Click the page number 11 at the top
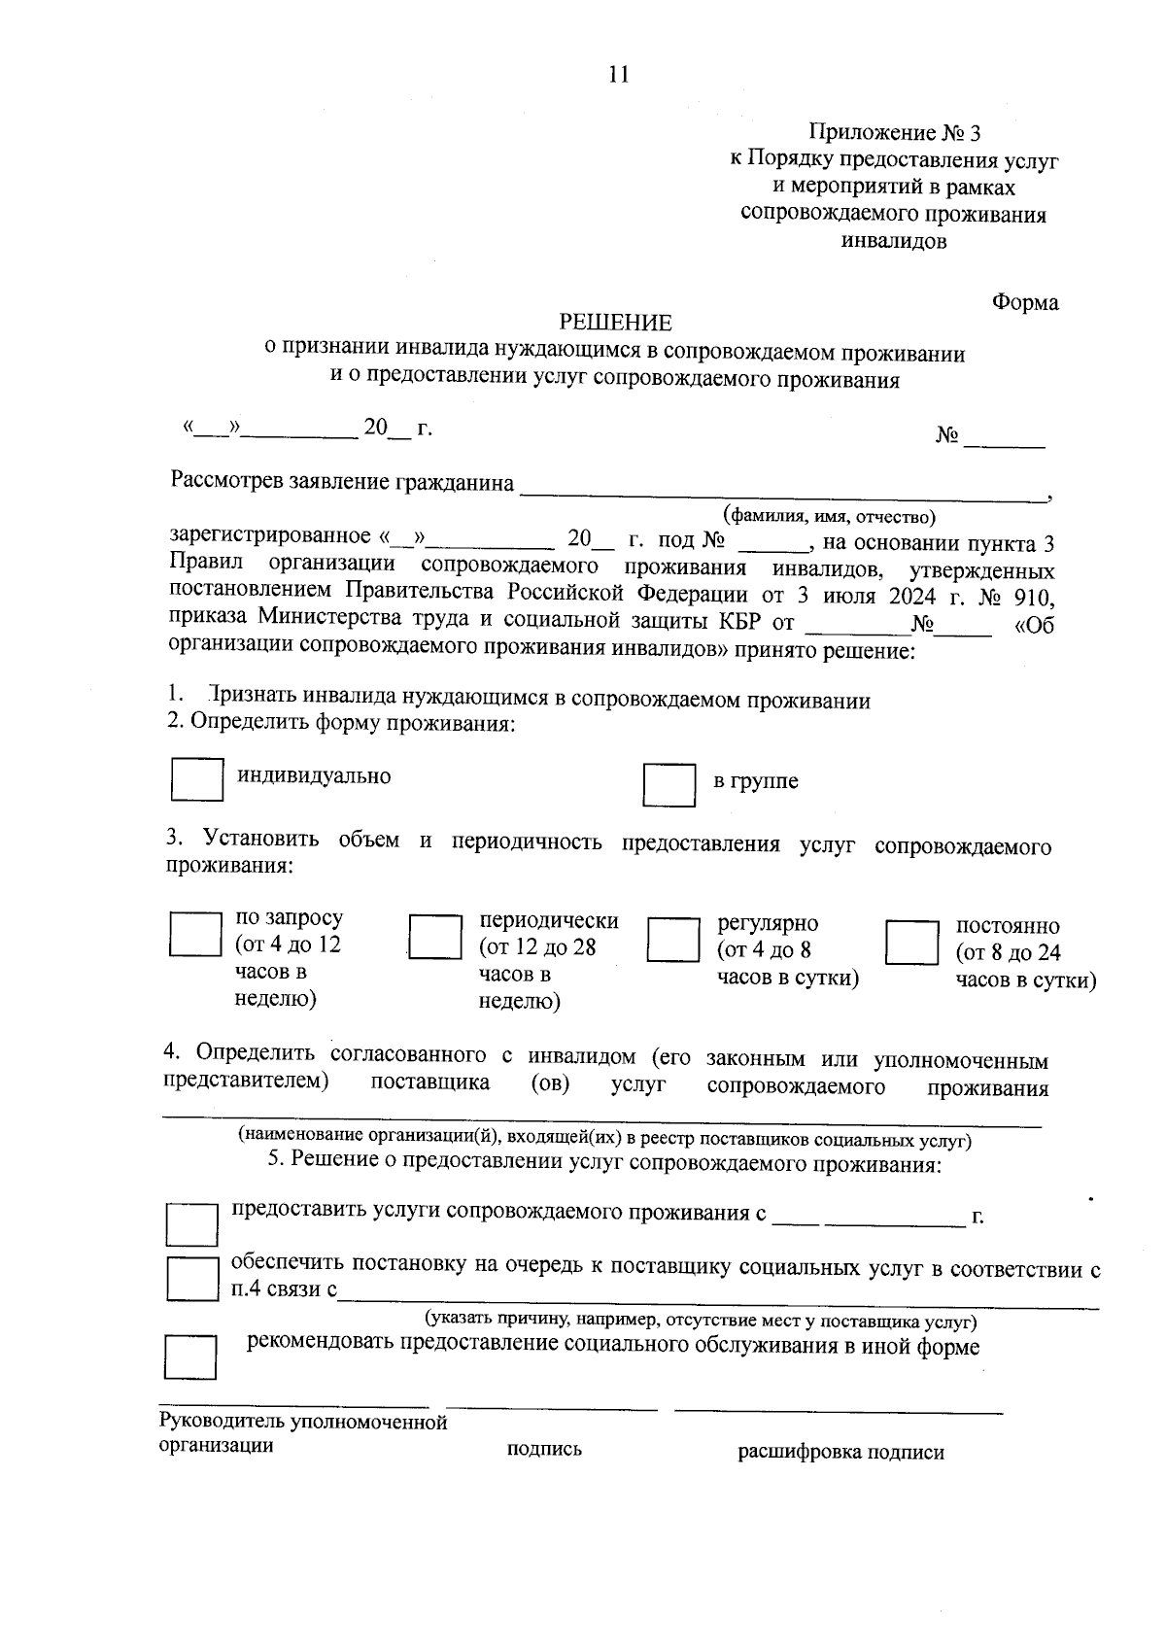click(618, 75)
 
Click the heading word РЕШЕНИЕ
click(615, 323)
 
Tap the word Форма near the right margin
click(1025, 303)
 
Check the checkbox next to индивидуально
click(197, 779)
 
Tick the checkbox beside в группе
click(669, 784)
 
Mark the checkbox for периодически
click(434, 938)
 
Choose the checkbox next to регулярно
click(672, 939)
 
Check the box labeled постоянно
click(911, 943)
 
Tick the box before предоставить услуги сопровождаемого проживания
click(191, 1224)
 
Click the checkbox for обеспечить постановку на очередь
click(191, 1278)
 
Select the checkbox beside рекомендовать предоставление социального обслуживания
click(189, 1357)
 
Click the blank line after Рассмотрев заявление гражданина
click(783, 493)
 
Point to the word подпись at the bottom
click(544, 1449)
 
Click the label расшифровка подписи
click(840, 1453)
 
